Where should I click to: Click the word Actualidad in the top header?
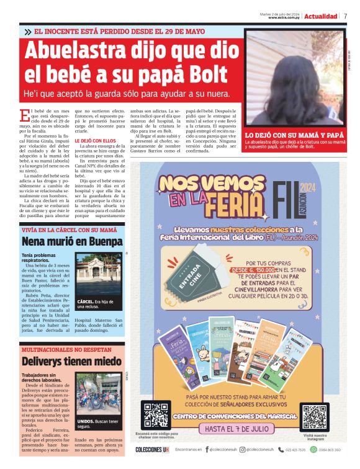pos(322,16)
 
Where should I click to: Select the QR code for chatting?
pos(156,415)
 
